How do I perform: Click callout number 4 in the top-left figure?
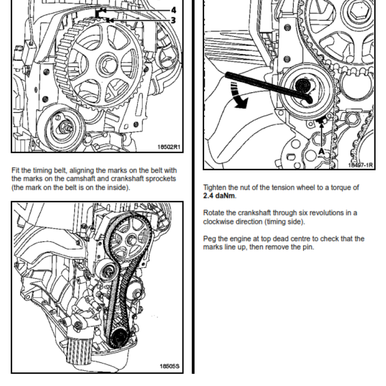tap(173, 10)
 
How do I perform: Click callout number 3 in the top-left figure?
tap(173, 20)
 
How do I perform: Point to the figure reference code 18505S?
tap(169, 367)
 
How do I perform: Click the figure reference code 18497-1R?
tap(360, 165)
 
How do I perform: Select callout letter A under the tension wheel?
tap(321, 151)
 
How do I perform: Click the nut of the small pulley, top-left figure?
tap(64, 128)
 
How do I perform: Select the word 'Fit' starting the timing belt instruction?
tap(15, 170)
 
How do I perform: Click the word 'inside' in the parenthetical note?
tap(117, 188)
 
